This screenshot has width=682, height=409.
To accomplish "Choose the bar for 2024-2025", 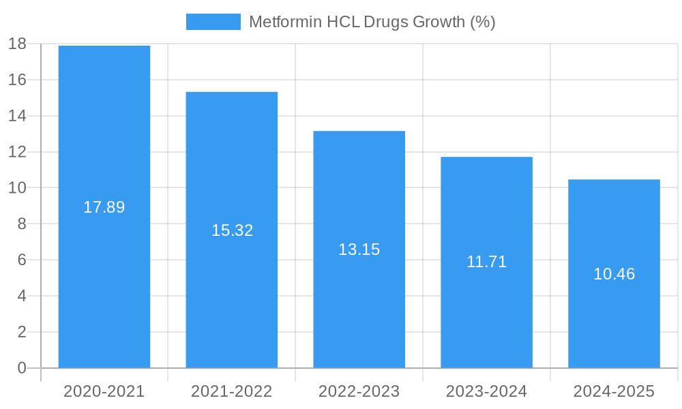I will (x=614, y=327).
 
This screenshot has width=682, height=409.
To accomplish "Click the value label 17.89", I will (x=104, y=207).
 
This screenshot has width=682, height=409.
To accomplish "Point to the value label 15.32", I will (x=232, y=230).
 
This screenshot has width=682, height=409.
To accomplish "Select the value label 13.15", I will (x=359, y=249).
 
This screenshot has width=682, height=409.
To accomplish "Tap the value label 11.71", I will (x=486, y=262).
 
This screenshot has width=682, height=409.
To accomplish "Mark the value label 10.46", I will (x=614, y=274).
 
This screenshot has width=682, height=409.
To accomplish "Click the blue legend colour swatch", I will (x=213, y=22).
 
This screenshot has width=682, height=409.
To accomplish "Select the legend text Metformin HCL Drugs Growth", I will (x=372, y=22).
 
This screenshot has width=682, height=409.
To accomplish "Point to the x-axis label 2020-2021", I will (x=104, y=392).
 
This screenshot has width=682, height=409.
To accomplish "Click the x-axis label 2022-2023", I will (x=359, y=392).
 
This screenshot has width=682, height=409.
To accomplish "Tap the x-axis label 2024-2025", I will (x=614, y=392).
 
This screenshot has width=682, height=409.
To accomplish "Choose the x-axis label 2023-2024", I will (x=486, y=392).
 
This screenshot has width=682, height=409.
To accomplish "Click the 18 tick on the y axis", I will (x=17, y=44).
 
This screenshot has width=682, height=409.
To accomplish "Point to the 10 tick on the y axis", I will (x=17, y=188).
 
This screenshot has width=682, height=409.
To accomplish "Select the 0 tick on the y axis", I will (x=21, y=368).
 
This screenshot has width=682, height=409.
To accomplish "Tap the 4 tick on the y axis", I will (x=21, y=296).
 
